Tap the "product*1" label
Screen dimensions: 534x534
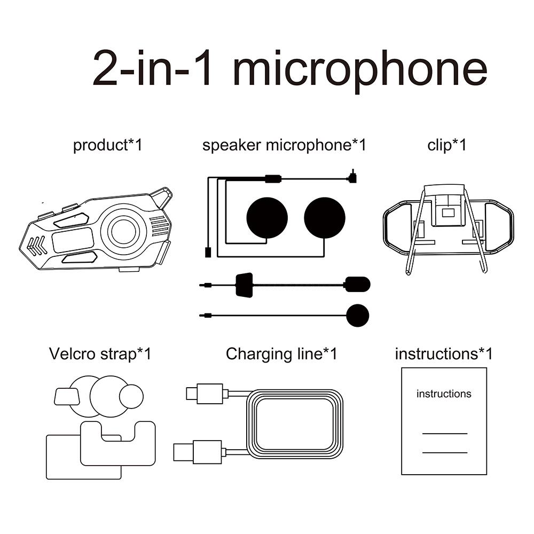click(108, 145)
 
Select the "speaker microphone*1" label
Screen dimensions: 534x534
click(284, 145)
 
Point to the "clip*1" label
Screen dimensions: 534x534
click(446, 145)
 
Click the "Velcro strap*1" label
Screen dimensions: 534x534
click(100, 354)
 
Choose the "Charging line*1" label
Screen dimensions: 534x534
click(281, 354)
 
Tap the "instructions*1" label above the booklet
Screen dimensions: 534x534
click(443, 354)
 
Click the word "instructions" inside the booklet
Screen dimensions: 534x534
click(444, 394)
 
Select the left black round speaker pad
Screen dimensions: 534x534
click(267, 218)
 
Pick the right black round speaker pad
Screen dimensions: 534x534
click(325, 218)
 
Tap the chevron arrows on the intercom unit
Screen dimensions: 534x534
click(36, 245)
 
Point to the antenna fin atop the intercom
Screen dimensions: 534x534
click(162, 198)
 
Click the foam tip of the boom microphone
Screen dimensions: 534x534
click(357, 284)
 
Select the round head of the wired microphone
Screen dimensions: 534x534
click(357, 315)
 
